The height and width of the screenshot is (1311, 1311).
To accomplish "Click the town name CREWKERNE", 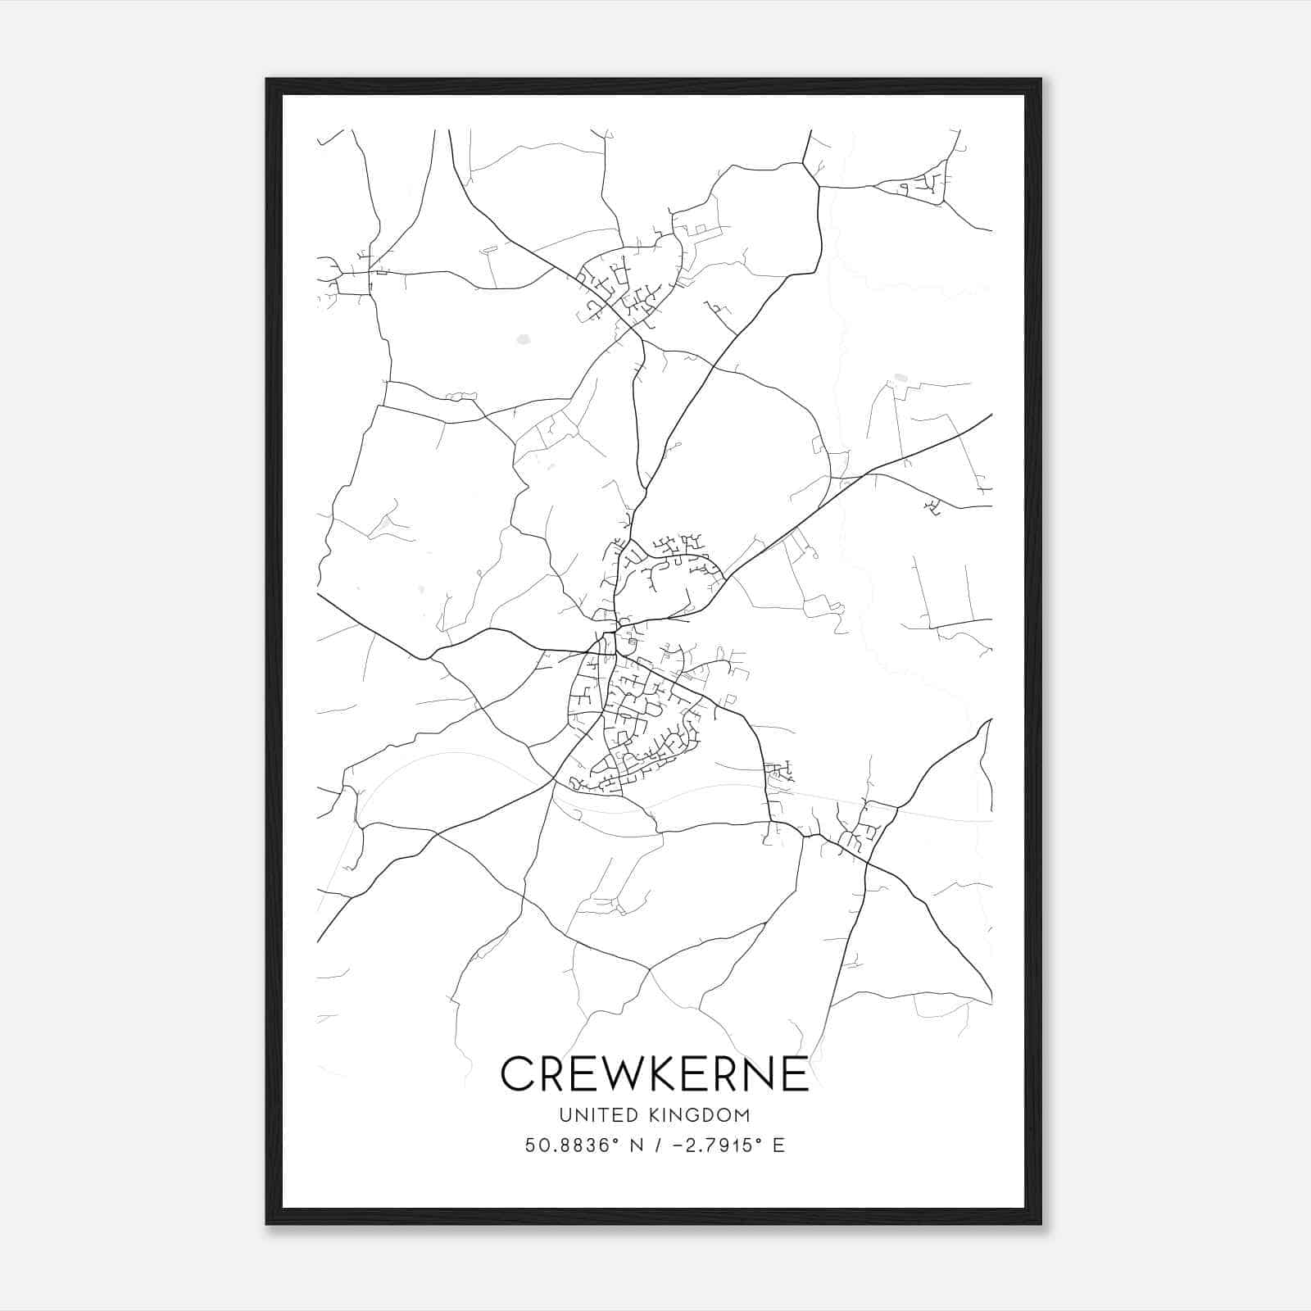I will (x=655, y=1073).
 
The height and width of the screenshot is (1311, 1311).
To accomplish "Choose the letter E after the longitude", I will (x=778, y=1145).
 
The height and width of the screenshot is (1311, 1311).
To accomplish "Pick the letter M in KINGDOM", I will (x=742, y=1115).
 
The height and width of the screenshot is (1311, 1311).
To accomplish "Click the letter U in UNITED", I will (x=565, y=1115).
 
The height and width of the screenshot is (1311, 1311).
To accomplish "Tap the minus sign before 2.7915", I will (x=675, y=1145).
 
